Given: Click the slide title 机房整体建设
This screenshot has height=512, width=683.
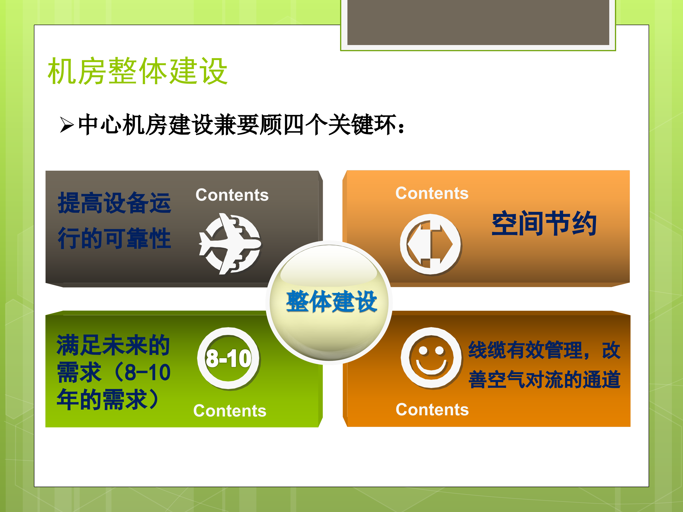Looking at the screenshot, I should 138,71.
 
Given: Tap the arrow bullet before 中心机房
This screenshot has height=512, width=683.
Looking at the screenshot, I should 67,125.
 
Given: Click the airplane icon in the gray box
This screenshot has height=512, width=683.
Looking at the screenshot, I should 230,244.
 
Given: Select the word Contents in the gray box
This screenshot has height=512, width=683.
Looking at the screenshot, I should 232,195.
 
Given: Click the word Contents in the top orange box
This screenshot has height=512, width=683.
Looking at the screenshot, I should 432,193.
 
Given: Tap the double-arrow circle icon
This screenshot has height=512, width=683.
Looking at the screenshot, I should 430,244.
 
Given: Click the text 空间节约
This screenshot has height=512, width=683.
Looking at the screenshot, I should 544,224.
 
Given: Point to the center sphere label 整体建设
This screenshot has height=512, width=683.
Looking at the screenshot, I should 331,302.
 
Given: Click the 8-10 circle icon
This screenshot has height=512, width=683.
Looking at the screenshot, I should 228,359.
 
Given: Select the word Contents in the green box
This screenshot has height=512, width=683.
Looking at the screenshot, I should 230,411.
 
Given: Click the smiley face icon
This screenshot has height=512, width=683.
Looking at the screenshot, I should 431,358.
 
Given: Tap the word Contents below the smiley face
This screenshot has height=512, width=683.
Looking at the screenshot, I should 432,410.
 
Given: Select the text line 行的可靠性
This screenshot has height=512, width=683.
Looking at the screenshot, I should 114,238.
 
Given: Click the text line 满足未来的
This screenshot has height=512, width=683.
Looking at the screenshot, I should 113,345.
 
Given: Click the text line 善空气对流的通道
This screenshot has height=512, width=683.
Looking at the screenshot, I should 544,379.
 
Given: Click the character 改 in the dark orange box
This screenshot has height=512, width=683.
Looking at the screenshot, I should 611,350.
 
